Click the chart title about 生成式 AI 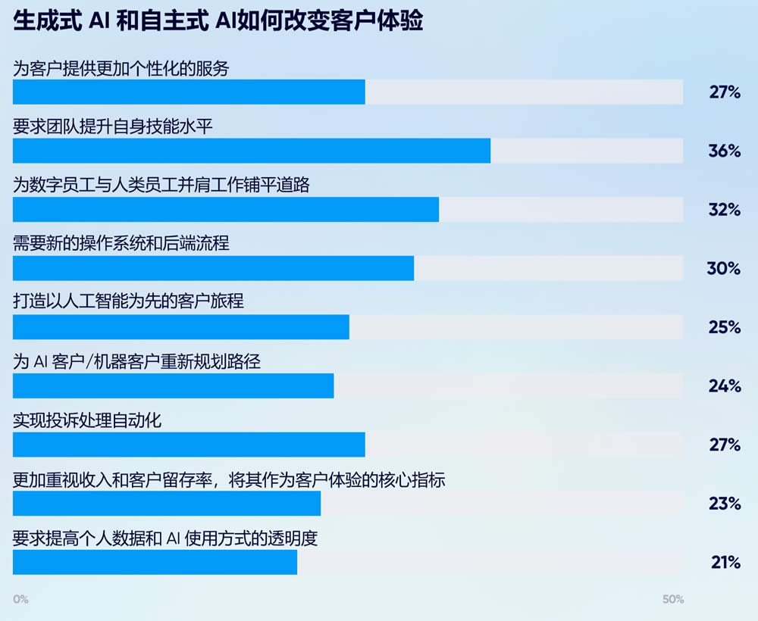pyautogui.click(x=218, y=20)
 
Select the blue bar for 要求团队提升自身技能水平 pyautogui.click(x=252, y=151)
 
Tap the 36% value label pyautogui.click(x=724, y=151)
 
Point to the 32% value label pyautogui.click(x=724, y=210)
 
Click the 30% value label pyautogui.click(x=724, y=269)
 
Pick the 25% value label pyautogui.click(x=724, y=327)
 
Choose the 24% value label pyautogui.click(x=724, y=386)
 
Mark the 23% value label pyautogui.click(x=724, y=504)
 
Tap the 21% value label pyautogui.click(x=725, y=563)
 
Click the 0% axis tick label pyautogui.click(x=20, y=599)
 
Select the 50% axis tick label pyautogui.click(x=672, y=599)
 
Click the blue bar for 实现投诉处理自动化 pyautogui.click(x=189, y=445)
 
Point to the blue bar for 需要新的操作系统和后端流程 pyautogui.click(x=214, y=268)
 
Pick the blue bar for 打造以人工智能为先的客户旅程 pyautogui.click(x=181, y=327)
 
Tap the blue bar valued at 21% pyautogui.click(x=155, y=562)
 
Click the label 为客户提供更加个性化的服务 pyautogui.click(x=121, y=68)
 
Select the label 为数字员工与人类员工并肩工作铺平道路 pyautogui.click(x=161, y=186)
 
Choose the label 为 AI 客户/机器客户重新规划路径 pyautogui.click(x=137, y=362)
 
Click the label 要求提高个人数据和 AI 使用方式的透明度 pyautogui.click(x=165, y=539)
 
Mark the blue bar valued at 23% pyautogui.click(x=167, y=504)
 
